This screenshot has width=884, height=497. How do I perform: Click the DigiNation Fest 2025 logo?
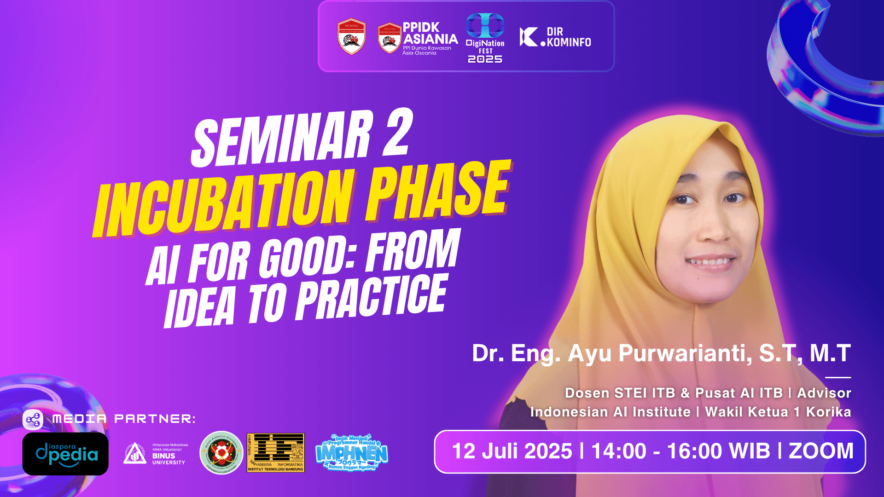(485, 38)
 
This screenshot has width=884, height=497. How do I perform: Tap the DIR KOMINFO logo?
(555, 37)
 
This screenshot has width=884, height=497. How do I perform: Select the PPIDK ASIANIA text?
(430, 33)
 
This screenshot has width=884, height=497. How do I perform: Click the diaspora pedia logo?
(65, 454)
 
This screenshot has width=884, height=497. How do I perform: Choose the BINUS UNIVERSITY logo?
(156, 454)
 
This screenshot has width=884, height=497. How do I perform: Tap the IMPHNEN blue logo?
(352, 452)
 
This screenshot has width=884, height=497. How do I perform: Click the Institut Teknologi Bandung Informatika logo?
(276, 452)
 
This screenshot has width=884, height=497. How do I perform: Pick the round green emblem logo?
(221, 452)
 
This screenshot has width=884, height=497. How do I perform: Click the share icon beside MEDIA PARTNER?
(33, 419)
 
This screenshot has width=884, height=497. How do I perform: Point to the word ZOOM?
(821, 451)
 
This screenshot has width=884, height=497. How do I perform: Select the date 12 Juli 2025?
(512, 451)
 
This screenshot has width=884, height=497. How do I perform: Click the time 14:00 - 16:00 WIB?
(680, 451)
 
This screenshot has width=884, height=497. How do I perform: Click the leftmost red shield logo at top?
(351, 37)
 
